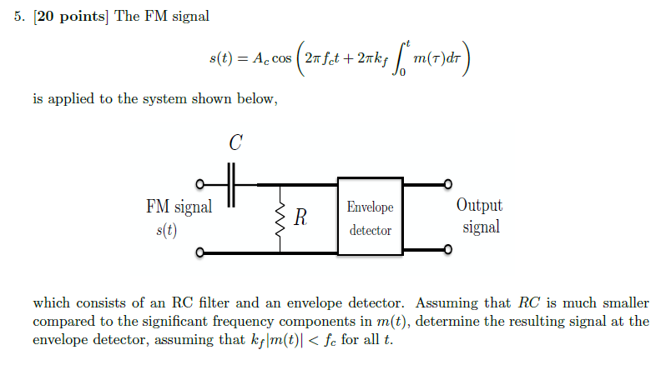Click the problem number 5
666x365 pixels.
click(18, 17)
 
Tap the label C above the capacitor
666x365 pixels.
click(235, 143)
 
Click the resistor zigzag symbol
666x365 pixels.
click(280, 218)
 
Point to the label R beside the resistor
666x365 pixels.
click(300, 218)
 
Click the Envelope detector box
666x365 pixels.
click(370, 217)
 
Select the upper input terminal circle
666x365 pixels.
click(199, 185)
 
